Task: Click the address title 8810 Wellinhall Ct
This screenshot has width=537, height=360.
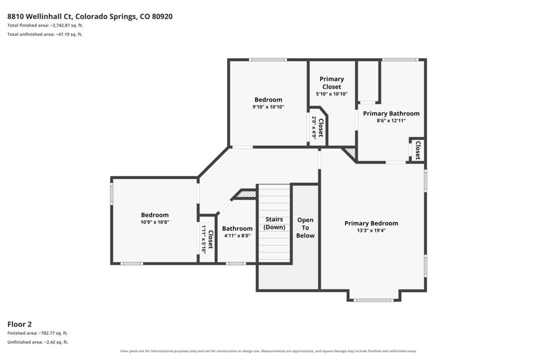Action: coord(40,17)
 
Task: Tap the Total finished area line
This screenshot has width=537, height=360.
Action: coord(45,25)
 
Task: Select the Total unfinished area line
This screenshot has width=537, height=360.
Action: coord(45,34)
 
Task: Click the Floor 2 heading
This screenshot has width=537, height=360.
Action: coord(20,324)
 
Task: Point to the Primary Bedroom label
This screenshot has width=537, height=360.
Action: coord(371,223)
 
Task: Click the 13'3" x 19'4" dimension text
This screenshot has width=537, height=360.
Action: coord(371,231)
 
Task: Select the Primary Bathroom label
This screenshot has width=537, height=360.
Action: coord(391,113)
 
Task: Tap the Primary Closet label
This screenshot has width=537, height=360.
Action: coord(331,83)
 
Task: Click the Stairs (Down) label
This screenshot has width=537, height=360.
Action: coord(274,223)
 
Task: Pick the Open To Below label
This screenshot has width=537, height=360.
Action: coord(305,227)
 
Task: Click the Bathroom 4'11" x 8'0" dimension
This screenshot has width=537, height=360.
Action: coord(237,236)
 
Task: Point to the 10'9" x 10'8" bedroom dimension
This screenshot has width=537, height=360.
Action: coord(155,222)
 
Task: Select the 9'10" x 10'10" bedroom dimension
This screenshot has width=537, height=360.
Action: coord(268,107)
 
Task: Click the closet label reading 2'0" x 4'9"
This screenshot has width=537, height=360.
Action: coord(313,127)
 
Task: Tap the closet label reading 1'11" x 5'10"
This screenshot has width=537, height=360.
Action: coord(204,239)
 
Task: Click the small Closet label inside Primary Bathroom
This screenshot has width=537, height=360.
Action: coord(418,150)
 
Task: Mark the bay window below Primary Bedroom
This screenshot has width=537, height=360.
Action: coord(373,300)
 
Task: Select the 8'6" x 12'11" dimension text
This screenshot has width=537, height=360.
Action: coord(391,121)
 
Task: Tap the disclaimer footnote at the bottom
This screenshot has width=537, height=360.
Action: coord(268,351)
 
